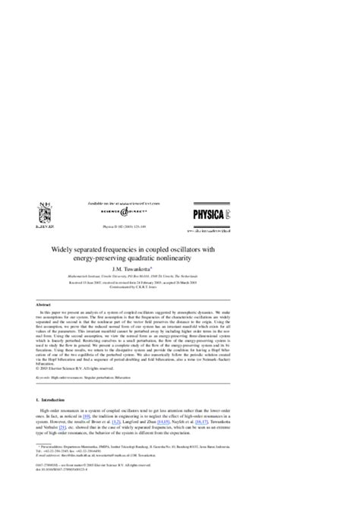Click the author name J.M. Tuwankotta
point(180,270)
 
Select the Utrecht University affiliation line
point(180,277)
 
